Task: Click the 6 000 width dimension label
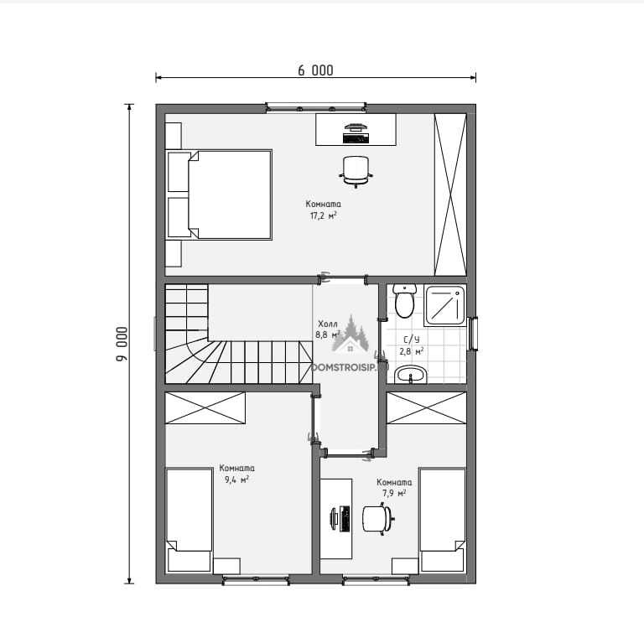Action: click(x=315, y=70)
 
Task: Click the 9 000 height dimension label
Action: click(x=122, y=344)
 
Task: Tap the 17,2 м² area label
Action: click(x=323, y=215)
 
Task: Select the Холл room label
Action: click(x=328, y=324)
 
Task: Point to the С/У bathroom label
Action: click(x=412, y=340)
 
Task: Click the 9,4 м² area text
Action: click(x=236, y=480)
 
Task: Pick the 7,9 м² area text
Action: click(x=394, y=493)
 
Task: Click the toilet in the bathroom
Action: click(x=404, y=301)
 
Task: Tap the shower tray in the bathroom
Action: click(x=445, y=305)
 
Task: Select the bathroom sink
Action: click(x=411, y=375)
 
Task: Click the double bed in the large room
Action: click(x=219, y=194)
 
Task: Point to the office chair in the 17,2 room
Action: click(x=356, y=171)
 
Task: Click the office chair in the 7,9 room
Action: click(x=378, y=520)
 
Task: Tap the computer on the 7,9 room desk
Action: click(x=340, y=518)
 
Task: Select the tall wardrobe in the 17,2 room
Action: click(x=450, y=194)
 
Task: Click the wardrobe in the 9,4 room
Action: click(x=205, y=407)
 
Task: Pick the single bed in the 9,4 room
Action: click(x=189, y=520)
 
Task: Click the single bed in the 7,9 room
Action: click(x=443, y=520)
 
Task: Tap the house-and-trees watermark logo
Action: click(x=350, y=334)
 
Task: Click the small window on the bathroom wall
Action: click(x=473, y=334)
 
